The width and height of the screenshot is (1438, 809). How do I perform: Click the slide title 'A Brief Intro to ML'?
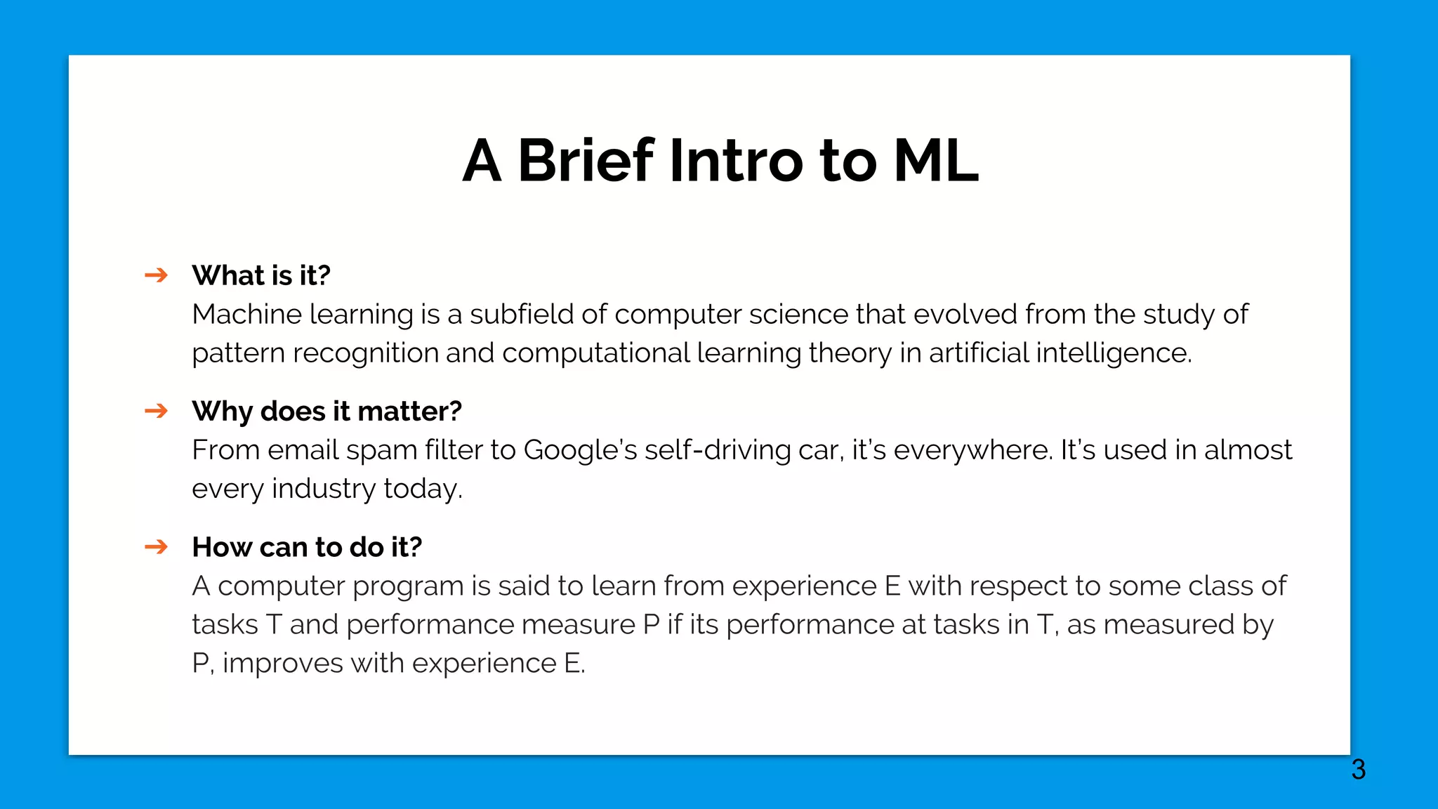point(720,161)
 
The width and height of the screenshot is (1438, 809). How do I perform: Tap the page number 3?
point(1358,770)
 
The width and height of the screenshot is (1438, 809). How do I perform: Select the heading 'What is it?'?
point(261,275)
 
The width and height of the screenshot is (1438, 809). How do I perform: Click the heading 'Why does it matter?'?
point(326,412)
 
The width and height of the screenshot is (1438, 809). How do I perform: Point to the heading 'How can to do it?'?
point(307,547)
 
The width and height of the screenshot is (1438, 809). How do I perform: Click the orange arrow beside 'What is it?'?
point(156,275)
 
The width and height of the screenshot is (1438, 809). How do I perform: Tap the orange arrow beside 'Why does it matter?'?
point(156,411)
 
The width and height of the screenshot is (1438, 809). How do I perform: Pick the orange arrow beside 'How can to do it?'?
point(156,546)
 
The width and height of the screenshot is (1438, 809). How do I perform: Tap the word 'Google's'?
point(580,450)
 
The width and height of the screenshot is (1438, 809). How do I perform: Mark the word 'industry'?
point(324,489)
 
